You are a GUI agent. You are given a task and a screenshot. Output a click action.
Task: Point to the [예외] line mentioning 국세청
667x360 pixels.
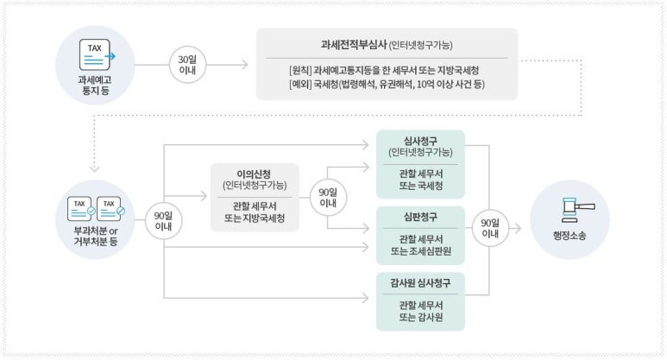(x=386, y=84)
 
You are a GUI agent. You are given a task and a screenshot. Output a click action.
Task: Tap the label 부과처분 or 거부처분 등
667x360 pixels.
(x=97, y=239)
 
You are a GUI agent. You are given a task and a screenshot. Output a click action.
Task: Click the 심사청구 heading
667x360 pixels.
(x=420, y=140)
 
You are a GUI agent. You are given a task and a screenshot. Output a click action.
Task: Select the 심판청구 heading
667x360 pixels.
(x=420, y=216)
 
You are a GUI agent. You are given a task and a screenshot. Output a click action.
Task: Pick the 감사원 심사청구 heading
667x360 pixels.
(x=420, y=282)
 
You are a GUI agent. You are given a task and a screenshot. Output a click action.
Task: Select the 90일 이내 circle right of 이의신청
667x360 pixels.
(x=327, y=197)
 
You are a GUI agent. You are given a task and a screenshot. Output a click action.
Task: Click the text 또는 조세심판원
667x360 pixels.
(x=420, y=250)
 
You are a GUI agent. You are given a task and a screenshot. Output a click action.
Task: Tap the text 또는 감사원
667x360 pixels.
(x=420, y=316)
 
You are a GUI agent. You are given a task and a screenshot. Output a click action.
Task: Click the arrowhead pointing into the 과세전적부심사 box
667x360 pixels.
(x=244, y=65)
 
